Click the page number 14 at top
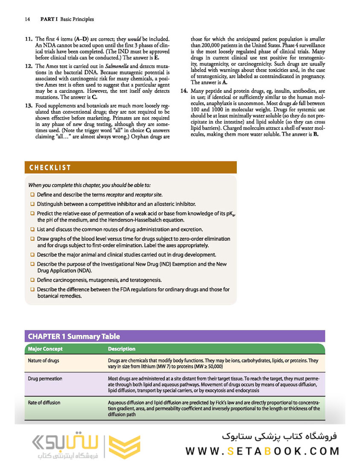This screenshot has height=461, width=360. (27, 19)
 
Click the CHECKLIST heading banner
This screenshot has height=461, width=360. (50, 167)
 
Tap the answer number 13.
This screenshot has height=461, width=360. (29, 105)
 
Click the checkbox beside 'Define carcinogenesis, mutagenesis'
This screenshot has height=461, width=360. (32, 280)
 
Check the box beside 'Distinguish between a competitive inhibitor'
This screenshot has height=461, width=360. (32, 204)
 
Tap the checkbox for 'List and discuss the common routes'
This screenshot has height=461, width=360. (32, 229)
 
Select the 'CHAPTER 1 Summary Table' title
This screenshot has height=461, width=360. (74, 336)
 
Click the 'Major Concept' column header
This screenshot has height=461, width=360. (45, 349)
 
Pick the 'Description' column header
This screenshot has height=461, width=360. (122, 349)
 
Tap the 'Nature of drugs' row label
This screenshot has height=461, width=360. (44, 361)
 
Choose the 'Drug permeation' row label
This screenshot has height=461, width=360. (45, 379)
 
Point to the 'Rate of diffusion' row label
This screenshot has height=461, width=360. (44, 403)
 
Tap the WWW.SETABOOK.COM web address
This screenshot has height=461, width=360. (262, 451)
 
